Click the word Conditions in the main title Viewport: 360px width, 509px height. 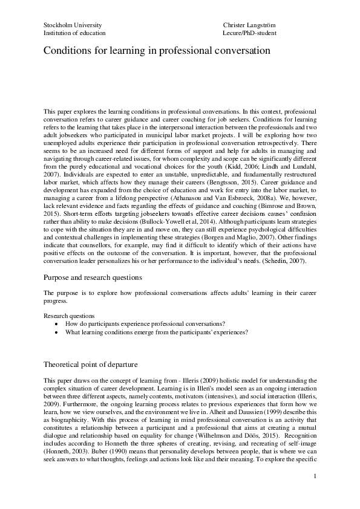[67, 52]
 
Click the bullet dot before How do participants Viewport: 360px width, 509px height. [56, 324]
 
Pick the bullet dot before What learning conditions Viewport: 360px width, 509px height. [56, 332]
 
